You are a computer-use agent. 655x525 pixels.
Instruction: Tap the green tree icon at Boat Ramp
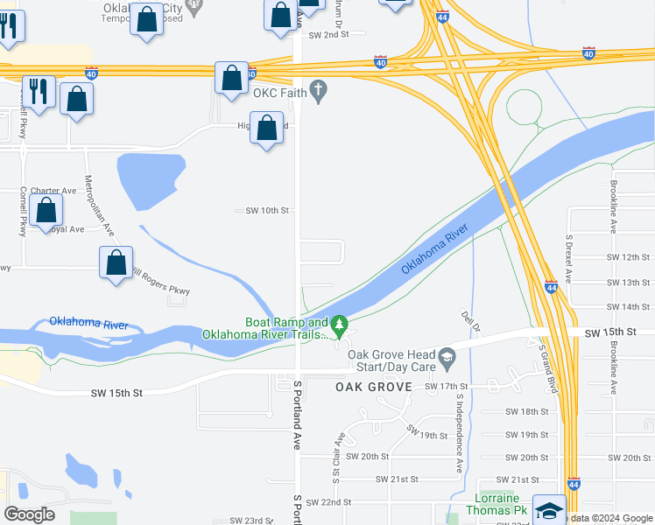click(x=338, y=326)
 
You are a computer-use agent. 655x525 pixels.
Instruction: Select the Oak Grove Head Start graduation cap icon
click(x=447, y=356)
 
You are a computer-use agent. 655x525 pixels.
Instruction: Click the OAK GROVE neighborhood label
click(x=374, y=387)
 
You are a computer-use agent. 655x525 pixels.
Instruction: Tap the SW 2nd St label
click(x=328, y=34)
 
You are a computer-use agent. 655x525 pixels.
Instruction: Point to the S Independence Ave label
click(x=458, y=434)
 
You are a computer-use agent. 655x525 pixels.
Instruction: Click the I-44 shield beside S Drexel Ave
click(x=550, y=287)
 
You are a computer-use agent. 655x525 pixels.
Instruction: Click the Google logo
click(x=29, y=514)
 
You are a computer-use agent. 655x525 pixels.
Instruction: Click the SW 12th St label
click(x=629, y=257)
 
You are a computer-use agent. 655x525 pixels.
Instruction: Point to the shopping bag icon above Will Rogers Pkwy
click(x=116, y=262)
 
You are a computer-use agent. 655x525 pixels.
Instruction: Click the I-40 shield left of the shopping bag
click(x=91, y=73)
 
